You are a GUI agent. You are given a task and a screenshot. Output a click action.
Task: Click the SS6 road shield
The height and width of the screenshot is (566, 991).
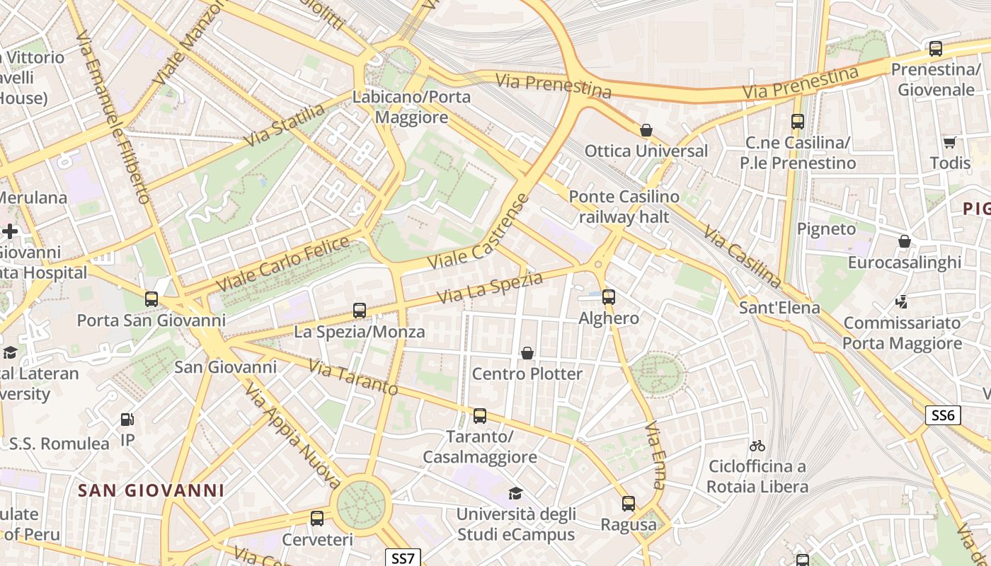click(x=943, y=415)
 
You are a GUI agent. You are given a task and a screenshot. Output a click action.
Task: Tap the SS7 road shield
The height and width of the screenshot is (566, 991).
click(x=403, y=558)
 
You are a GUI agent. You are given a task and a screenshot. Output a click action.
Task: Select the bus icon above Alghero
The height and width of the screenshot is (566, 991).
click(x=609, y=297)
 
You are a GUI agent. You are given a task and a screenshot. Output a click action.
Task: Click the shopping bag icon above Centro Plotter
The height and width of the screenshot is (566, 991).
click(x=527, y=352)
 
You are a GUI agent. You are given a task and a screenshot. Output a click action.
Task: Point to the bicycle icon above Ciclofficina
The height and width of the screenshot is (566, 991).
click(x=757, y=446)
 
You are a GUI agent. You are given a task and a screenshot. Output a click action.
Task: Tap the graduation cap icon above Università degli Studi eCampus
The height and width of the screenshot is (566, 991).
click(x=515, y=493)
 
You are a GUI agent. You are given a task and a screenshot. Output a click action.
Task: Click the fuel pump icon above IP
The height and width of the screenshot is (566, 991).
click(x=127, y=420)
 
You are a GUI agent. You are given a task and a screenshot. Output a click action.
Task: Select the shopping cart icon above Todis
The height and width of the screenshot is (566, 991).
click(x=950, y=142)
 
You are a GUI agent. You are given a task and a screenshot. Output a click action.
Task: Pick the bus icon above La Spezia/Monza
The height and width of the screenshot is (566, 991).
click(x=360, y=310)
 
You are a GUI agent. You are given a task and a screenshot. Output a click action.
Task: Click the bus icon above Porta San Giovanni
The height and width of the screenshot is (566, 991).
click(x=151, y=299)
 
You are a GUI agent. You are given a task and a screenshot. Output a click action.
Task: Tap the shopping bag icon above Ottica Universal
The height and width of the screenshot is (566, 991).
click(x=646, y=130)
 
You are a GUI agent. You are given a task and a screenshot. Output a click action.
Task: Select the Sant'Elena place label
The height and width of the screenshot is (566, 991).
click(x=779, y=308)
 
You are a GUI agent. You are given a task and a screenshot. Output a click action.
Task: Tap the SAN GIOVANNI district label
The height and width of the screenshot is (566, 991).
click(x=151, y=490)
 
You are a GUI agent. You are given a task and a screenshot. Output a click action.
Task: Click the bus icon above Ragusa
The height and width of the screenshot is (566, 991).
click(x=629, y=504)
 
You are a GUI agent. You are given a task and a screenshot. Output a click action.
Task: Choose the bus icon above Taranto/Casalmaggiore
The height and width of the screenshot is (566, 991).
click(x=480, y=415)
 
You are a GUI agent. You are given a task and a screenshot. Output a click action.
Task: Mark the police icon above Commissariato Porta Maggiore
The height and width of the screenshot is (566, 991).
click(x=902, y=302)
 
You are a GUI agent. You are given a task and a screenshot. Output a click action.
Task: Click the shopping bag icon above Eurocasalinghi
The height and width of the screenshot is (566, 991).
click(x=905, y=241)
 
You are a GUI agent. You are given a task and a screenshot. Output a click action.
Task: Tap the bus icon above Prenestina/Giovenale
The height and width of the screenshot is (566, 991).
click(x=936, y=49)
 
